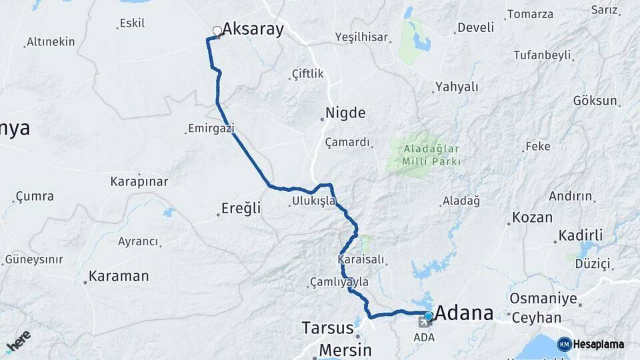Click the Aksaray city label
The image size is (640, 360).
[x=253, y=29]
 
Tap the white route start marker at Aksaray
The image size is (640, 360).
[x=217, y=31]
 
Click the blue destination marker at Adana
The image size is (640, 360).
[x=429, y=317]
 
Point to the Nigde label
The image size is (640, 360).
[x=345, y=113]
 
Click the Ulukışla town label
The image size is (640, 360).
[x=313, y=201]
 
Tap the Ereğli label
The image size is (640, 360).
[x=242, y=209]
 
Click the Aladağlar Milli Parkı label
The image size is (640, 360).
[x=431, y=155]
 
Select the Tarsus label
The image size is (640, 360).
[x=327, y=328]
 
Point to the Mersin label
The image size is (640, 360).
[x=345, y=349]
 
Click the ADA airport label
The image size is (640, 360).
[x=424, y=337]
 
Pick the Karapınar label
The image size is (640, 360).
[x=139, y=181]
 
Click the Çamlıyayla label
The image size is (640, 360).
[x=339, y=283]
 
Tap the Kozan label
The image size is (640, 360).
[x=532, y=217]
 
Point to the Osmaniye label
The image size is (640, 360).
[x=543, y=298]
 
